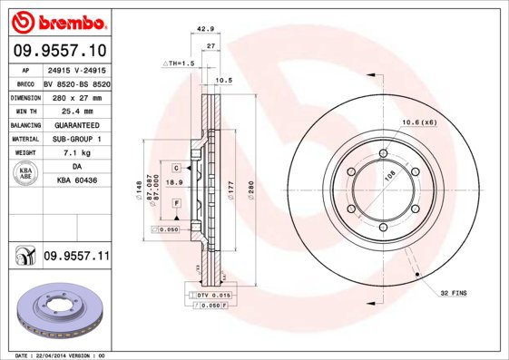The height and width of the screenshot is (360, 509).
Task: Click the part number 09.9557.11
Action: tap(76, 258)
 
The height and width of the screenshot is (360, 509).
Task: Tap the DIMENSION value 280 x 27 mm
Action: tap(76, 97)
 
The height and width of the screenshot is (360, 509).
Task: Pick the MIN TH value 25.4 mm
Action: tap(76, 111)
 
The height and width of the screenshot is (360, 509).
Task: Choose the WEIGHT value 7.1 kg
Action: tap(76, 153)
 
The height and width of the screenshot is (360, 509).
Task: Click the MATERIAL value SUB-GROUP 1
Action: tap(76, 139)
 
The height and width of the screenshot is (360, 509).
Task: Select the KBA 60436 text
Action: tap(76, 182)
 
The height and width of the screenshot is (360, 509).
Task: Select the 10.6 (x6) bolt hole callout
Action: tap(419, 122)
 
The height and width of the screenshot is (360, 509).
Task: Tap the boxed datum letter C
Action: tap(176, 167)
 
